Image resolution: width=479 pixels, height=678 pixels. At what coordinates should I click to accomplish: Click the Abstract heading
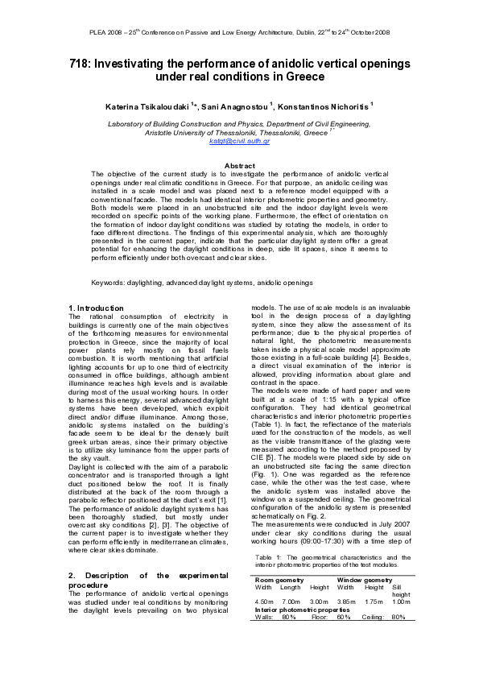(x=239, y=166)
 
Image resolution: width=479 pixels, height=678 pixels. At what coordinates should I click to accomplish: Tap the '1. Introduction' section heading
(x=97, y=308)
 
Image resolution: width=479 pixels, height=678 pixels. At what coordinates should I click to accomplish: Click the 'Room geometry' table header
(x=279, y=580)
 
